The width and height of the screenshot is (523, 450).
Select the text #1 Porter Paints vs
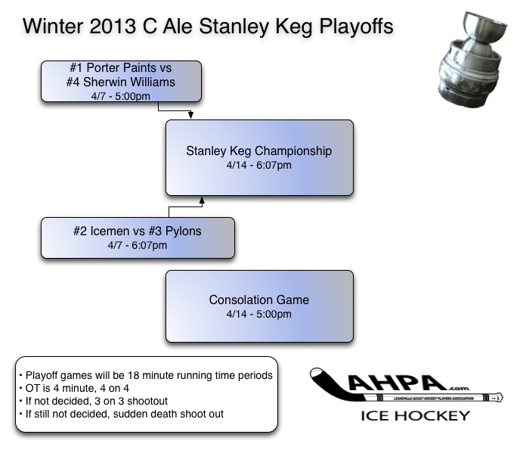(121, 68)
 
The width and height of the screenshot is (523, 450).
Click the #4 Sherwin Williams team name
(121, 82)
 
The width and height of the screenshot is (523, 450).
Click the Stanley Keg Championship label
(259, 151)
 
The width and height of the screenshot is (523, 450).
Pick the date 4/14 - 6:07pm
(259, 165)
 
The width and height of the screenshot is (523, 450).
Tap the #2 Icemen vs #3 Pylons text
(138, 231)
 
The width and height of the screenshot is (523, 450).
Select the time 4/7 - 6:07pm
(138, 245)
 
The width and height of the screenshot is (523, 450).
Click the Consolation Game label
(259, 300)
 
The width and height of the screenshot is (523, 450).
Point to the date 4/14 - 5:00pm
(259, 315)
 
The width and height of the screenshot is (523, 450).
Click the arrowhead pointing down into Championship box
(191, 116)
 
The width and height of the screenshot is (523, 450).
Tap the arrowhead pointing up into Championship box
(202, 200)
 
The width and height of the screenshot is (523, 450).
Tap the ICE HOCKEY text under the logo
(415, 415)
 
